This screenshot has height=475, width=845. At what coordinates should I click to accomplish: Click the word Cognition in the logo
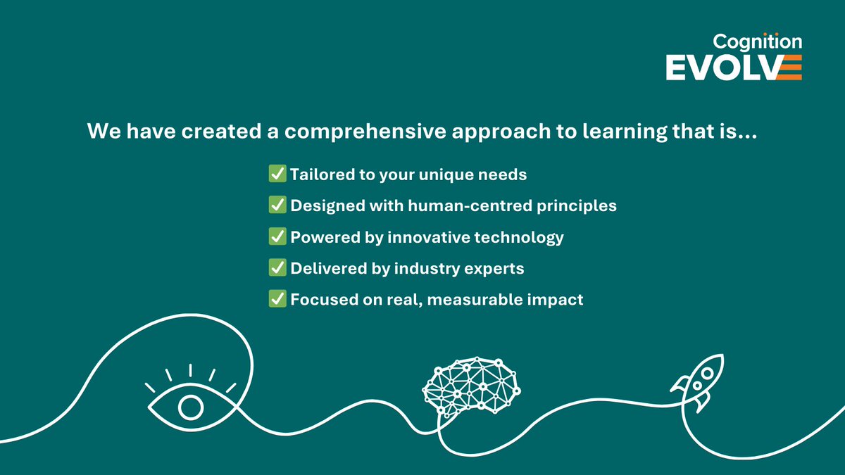coord(758,43)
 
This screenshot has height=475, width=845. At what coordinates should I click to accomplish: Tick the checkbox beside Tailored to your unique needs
coord(277,174)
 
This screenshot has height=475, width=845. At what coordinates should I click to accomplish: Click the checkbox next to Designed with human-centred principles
coord(277,205)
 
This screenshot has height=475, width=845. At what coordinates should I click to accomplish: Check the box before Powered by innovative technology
coord(277,236)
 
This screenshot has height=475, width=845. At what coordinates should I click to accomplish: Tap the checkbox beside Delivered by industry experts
coord(277,268)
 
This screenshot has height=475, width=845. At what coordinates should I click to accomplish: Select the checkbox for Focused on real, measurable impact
coord(277,299)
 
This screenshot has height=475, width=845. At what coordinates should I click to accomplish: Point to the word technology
coord(521,237)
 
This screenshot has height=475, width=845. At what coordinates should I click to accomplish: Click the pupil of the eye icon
coord(190,407)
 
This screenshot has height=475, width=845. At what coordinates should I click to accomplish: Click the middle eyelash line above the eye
coord(190,370)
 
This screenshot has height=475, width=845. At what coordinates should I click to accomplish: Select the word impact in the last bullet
coord(557,300)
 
